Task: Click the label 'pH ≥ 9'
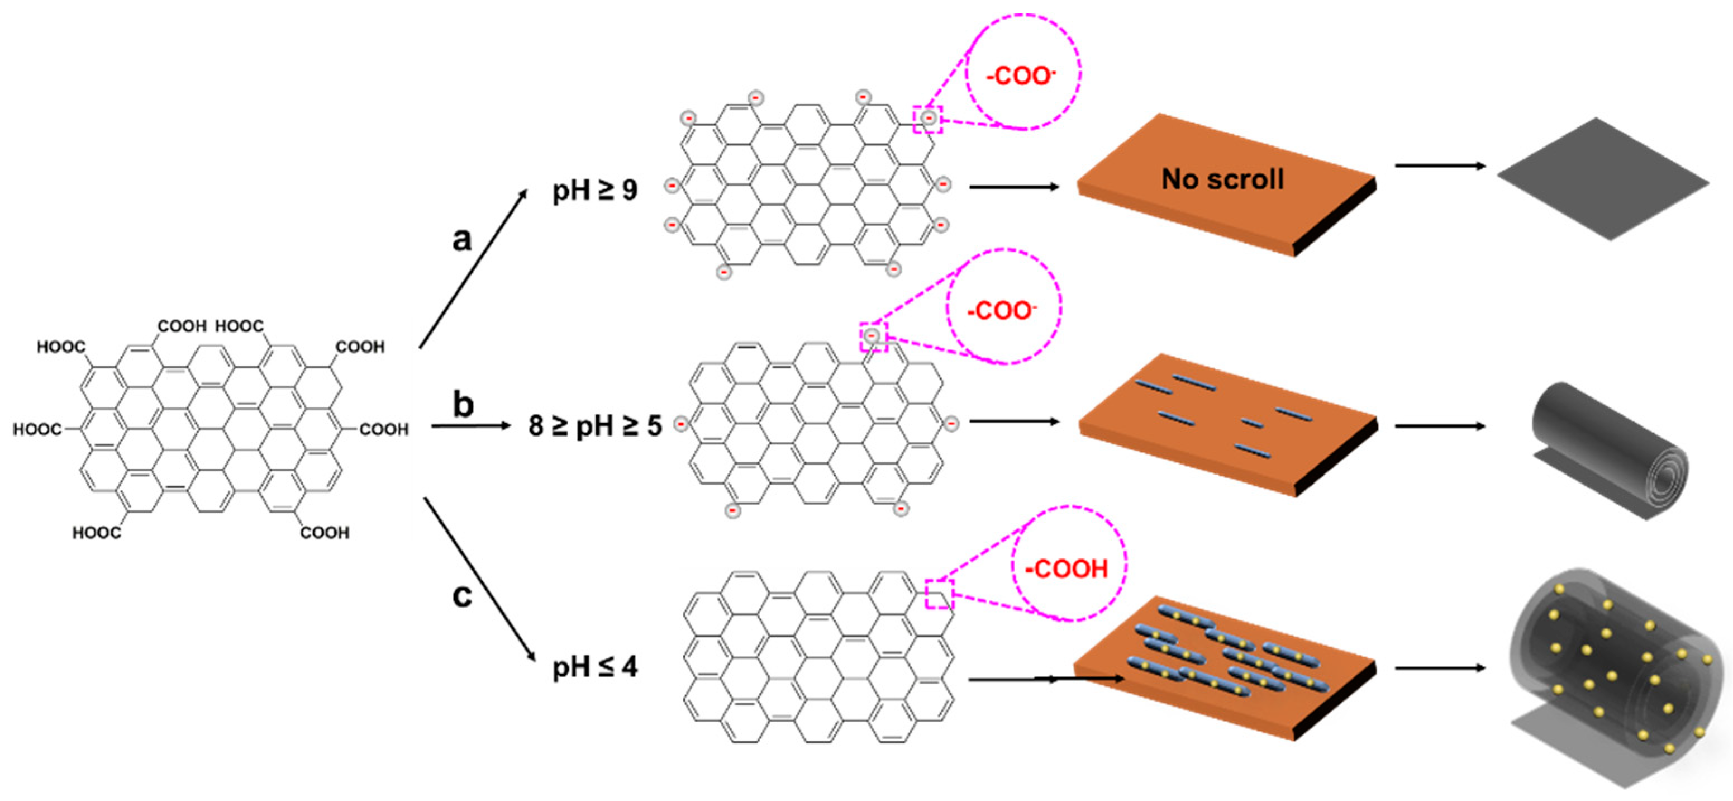(x=595, y=191)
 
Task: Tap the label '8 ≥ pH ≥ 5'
(x=595, y=426)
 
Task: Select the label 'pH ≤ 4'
(x=595, y=667)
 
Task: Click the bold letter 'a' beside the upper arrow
(x=461, y=239)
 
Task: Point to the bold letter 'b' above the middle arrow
(x=463, y=405)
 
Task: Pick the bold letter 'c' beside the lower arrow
(x=461, y=596)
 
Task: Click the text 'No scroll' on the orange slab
(x=1222, y=179)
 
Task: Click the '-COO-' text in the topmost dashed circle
(x=1021, y=75)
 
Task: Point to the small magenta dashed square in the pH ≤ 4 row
(x=939, y=594)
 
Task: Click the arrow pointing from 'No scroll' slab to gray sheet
(x=1440, y=165)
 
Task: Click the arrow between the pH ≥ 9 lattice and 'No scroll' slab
(x=1014, y=187)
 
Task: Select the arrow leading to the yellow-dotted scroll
(x=1440, y=669)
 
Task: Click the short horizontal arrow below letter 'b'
(x=471, y=426)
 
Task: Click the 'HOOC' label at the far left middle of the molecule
(x=37, y=429)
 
